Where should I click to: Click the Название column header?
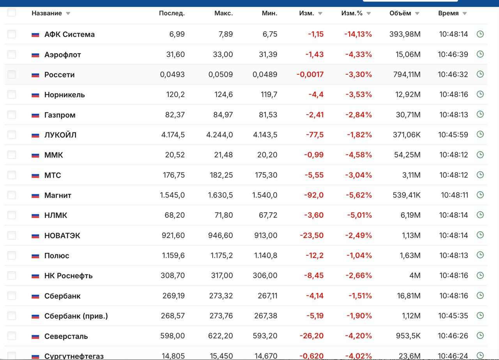point(46,13)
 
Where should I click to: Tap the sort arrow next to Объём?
point(417,14)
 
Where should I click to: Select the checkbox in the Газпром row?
point(12,115)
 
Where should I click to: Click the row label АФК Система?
point(69,34)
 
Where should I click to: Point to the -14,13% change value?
point(358,34)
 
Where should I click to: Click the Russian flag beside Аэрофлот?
point(35,55)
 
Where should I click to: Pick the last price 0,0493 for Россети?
point(172,74)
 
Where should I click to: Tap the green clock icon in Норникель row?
point(480,94)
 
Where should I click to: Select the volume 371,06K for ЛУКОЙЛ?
point(407,135)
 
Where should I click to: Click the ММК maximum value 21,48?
point(223,155)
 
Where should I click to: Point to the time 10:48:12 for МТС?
point(453,175)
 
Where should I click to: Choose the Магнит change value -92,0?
point(314,195)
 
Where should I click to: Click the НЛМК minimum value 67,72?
point(268,215)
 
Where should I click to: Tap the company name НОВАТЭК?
point(62,236)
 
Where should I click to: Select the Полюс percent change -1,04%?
point(359,255)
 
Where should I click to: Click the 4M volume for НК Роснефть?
point(415,275)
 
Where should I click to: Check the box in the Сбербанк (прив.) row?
point(12,316)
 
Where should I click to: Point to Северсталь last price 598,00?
point(172,336)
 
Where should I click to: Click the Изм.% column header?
point(352,13)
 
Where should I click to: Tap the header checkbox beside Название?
point(12,12)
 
